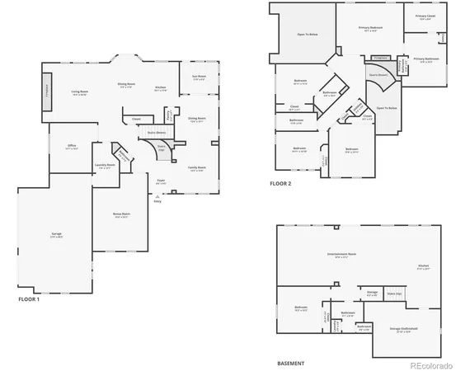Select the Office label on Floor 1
point(72,146)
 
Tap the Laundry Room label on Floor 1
point(106,165)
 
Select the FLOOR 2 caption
point(281,183)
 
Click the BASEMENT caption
point(290,363)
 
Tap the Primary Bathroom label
point(426,59)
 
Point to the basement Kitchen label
point(423,266)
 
